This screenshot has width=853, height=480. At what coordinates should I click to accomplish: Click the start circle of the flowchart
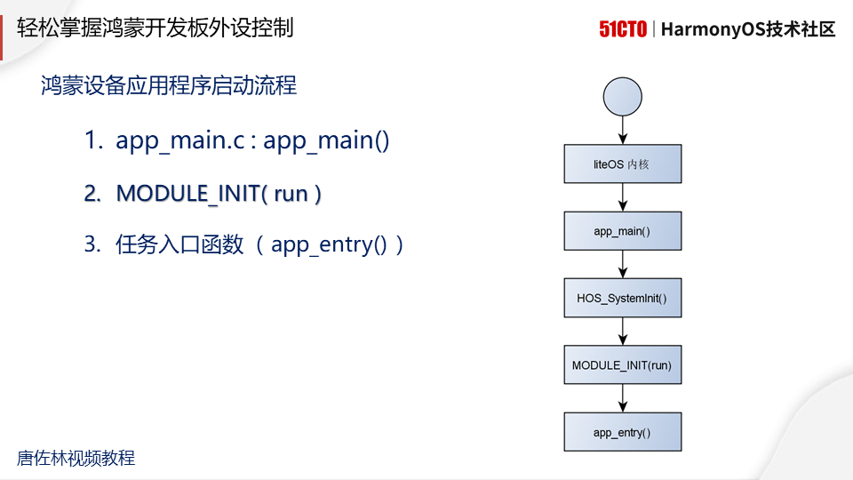tap(622, 95)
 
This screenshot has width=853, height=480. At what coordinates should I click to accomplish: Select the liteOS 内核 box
tap(623, 164)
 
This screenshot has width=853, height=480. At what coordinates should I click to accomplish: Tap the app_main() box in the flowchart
tap(623, 231)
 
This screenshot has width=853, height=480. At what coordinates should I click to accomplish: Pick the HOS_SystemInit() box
tap(623, 298)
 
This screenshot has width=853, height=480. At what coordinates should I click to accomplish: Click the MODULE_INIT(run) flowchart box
tap(623, 364)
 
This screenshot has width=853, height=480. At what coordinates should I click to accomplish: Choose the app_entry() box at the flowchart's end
tap(623, 432)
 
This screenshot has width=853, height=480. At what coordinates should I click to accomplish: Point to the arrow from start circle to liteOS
tap(623, 129)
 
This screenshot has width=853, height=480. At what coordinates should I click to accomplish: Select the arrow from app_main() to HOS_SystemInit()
tap(623, 265)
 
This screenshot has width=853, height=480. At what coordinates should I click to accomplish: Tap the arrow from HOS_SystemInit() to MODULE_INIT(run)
tap(623, 332)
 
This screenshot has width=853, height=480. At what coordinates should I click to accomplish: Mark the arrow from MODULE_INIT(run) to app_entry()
tap(623, 398)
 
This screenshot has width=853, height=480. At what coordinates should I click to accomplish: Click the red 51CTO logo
tap(622, 29)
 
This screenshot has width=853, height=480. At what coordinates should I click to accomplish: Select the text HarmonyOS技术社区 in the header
tap(749, 29)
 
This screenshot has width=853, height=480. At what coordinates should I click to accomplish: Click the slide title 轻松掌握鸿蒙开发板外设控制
tap(155, 28)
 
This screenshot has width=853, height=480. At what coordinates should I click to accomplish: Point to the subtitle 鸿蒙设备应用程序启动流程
tap(169, 86)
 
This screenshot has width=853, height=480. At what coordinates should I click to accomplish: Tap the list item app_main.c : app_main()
tap(237, 140)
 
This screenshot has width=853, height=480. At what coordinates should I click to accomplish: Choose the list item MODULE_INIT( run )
tap(203, 193)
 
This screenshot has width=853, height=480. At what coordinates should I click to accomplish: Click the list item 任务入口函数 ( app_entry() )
tap(244, 245)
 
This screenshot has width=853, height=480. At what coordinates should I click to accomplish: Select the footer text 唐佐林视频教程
tap(76, 459)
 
